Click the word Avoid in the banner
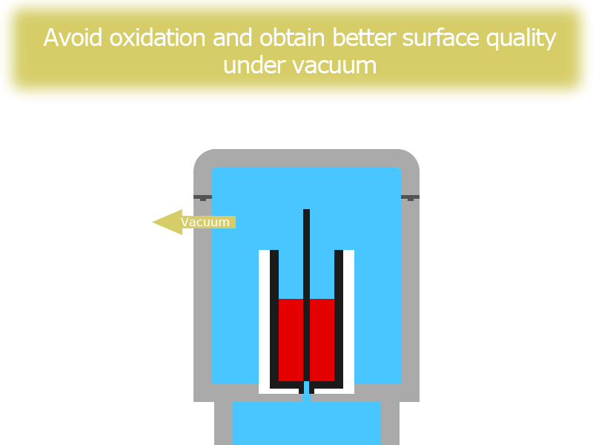point(73,38)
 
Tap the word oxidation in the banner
point(157,38)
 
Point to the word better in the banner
point(364,38)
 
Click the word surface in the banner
point(440,38)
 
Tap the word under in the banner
point(254,65)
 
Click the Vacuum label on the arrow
point(205,222)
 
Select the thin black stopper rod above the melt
point(306,295)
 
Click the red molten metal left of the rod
point(291,340)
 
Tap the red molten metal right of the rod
point(322,340)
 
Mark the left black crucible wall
point(274,319)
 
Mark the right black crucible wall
point(339,319)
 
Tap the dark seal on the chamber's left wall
point(202,197)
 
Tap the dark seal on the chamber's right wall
point(410,197)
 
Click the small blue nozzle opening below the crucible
point(306,391)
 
